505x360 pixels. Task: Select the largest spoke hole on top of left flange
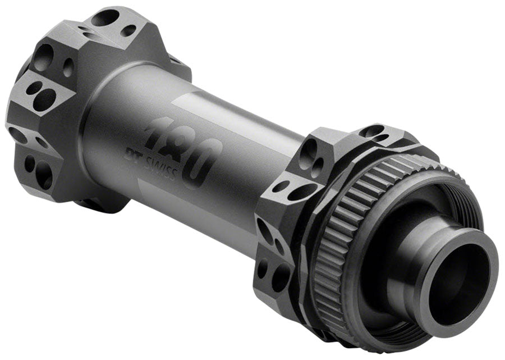click(x=105, y=19)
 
